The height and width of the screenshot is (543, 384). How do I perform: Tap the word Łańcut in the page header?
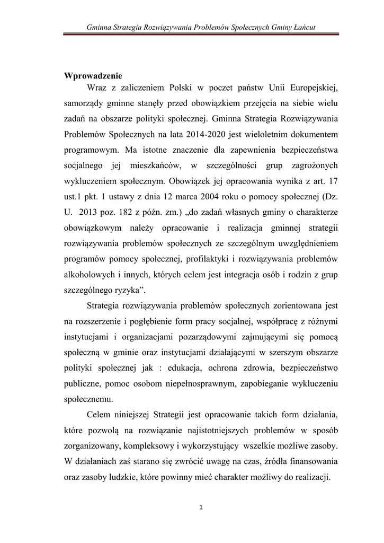click(x=304, y=27)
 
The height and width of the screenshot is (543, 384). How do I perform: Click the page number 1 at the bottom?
click(x=201, y=507)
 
